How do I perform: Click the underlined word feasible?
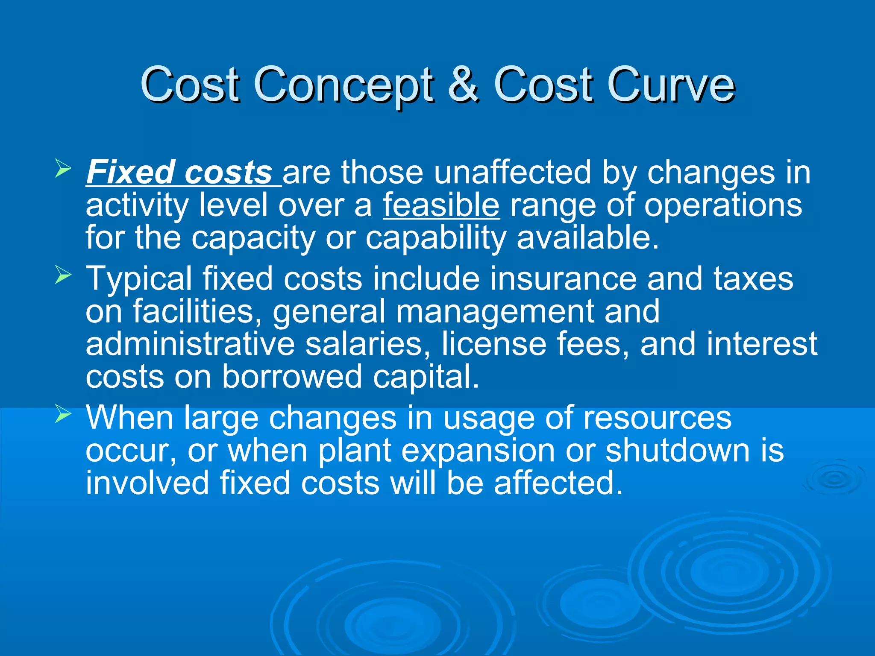(x=441, y=205)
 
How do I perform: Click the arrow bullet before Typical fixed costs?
(x=63, y=275)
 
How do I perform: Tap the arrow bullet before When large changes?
(x=63, y=414)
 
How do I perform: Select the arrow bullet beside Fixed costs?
(x=63, y=169)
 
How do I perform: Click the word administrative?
(x=190, y=344)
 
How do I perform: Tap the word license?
(x=493, y=344)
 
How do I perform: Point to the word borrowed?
(x=292, y=377)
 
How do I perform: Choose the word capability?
(x=436, y=238)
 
